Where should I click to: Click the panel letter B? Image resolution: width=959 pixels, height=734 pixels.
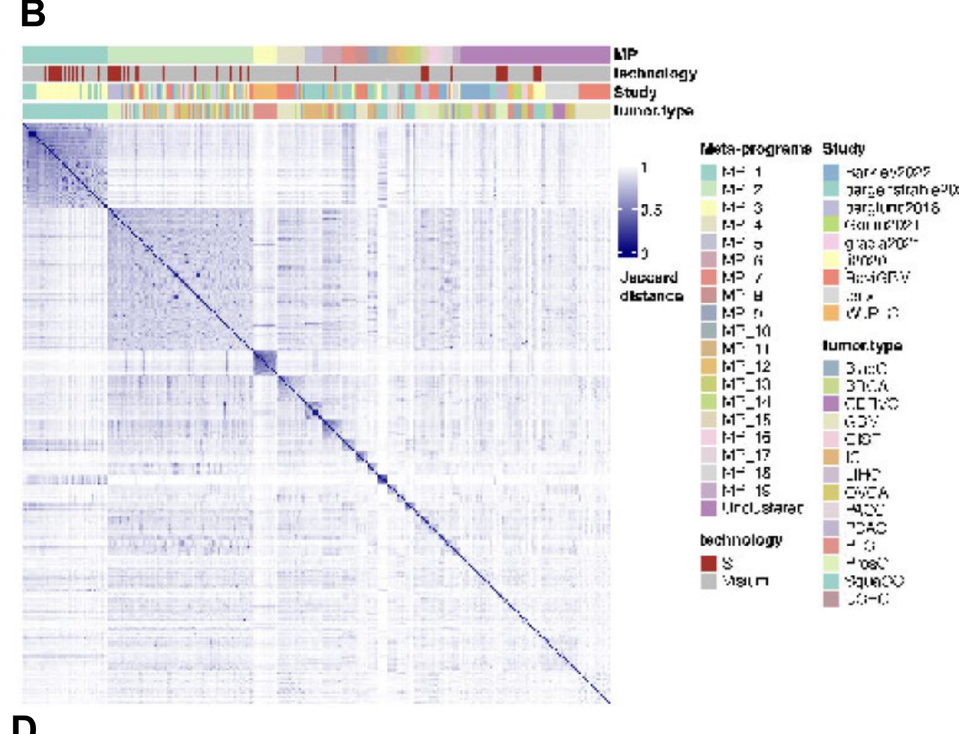tap(33, 13)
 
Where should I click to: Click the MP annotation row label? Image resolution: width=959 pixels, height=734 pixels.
tap(625, 54)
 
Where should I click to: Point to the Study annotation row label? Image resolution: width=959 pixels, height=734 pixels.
tap(635, 92)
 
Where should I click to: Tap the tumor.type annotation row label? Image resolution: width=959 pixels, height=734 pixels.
tap(653, 110)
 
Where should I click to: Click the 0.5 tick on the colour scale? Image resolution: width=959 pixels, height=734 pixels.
tap(651, 210)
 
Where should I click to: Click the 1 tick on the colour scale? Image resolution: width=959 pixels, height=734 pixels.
tap(644, 168)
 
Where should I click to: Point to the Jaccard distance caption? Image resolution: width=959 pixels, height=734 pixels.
tap(651, 287)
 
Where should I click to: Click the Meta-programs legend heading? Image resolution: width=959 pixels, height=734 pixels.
tap(756, 149)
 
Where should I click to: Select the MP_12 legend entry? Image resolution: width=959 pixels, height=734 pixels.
tap(746, 367)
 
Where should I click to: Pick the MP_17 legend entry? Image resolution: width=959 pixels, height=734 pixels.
tap(746, 455)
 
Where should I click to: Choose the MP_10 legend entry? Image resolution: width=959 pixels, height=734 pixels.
tap(746, 331)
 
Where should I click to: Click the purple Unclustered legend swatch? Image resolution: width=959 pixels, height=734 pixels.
tap(708, 508)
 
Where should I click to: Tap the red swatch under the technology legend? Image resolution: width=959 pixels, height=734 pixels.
tap(708, 563)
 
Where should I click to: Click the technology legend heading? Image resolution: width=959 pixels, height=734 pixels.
tap(741, 540)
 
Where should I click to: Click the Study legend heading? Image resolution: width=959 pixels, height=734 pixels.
tap(844, 149)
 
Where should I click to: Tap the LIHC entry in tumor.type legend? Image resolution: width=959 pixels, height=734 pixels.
tap(863, 475)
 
